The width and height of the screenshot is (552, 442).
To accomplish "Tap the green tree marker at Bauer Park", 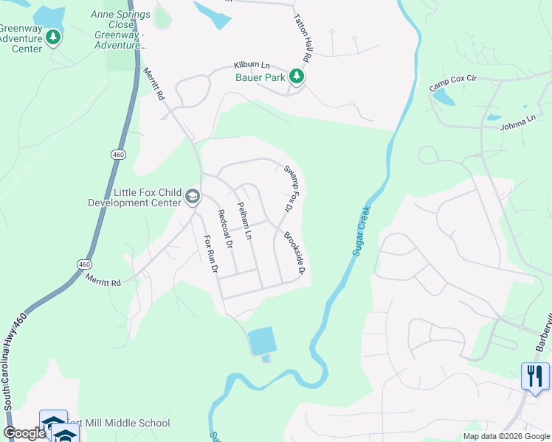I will pos(296,76).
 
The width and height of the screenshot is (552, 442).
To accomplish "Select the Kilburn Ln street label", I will pos(252,66).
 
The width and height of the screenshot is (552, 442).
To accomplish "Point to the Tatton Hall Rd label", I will pos(303,36).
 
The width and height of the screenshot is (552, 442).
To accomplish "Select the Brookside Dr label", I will pos(294,253).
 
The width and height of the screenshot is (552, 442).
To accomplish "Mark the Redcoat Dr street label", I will pos(224,228).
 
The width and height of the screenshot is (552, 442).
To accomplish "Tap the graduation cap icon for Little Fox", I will pos(193,196).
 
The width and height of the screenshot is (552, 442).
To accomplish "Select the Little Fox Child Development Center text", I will pos(134,197).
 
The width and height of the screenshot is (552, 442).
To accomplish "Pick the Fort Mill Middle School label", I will pos(123,423).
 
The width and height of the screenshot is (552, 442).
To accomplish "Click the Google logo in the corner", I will pos(24,433).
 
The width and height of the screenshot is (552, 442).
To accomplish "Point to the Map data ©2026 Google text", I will pos(506,436).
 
